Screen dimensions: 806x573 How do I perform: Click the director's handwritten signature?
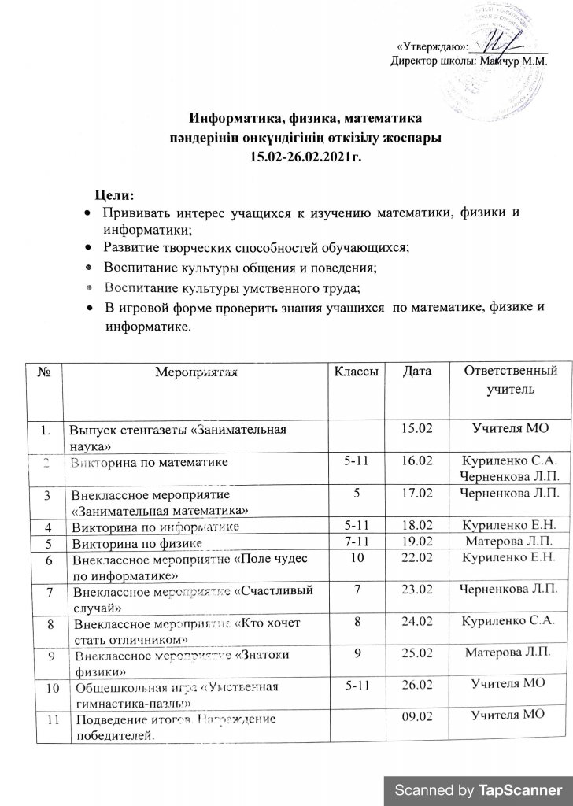click(498, 44)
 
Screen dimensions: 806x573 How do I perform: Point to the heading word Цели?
click(115, 194)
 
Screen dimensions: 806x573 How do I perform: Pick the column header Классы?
click(359, 369)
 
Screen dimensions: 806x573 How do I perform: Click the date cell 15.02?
click(418, 428)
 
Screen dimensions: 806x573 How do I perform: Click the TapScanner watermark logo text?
click(479, 789)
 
